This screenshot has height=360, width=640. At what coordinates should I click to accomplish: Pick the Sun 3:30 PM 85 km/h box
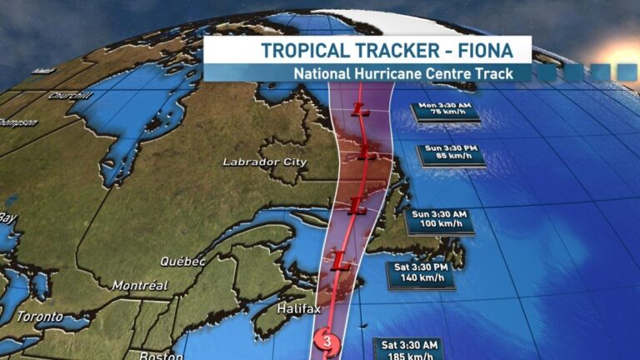pyautogui.click(x=450, y=154)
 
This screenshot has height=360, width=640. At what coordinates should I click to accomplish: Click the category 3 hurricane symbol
pyautogui.click(x=323, y=340)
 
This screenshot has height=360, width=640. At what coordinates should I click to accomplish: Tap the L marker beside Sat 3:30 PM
pyautogui.click(x=339, y=263)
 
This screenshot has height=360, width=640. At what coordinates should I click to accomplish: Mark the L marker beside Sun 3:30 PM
pyautogui.click(x=364, y=151)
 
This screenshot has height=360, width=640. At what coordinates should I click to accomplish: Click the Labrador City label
pyautogui.click(x=265, y=162)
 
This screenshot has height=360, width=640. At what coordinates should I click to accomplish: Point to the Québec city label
pyautogui.click(x=183, y=261)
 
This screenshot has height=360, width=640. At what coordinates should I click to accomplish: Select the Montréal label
pyautogui.click(x=140, y=286)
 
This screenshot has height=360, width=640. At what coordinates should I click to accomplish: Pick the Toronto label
pyautogui.click(x=40, y=317)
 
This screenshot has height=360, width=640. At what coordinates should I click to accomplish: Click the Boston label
pyautogui.click(x=162, y=355)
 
